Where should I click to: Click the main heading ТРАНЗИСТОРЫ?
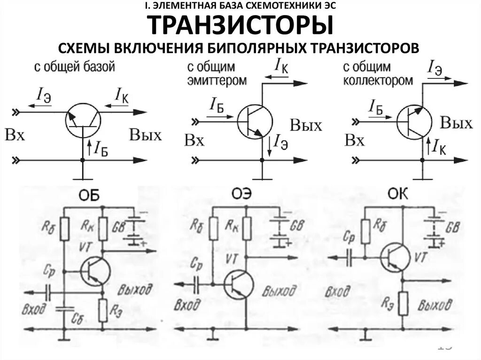[x=240, y=26]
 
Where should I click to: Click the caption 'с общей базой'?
[x=74, y=67]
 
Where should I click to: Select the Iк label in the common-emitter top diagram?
[x=281, y=66]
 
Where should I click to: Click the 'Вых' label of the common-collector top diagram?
[x=456, y=123]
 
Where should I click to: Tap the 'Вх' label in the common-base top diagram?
[x=15, y=135]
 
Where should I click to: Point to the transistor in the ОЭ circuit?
[x=239, y=283]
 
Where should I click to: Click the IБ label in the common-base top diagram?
[x=101, y=148]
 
